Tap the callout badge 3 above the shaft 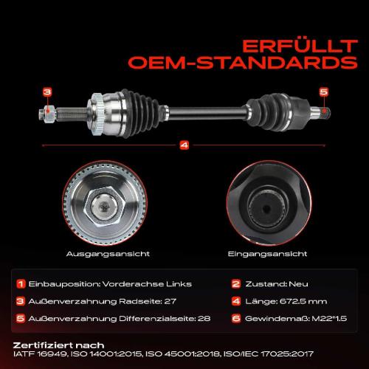47,92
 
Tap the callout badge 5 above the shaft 323,92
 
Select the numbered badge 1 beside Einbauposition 21,284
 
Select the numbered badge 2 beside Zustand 236,284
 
